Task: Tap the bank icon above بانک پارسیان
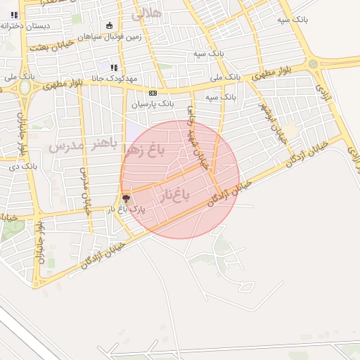153,93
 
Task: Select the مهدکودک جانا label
112,78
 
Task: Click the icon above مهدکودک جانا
112,67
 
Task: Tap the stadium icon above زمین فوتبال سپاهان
109,26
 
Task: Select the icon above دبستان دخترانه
14,14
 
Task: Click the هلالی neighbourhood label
146,12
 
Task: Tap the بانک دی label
22,167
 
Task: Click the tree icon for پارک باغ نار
126,199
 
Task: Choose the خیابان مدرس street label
85,190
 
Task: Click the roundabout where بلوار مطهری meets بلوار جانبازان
25,88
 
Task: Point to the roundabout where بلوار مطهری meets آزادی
313,63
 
